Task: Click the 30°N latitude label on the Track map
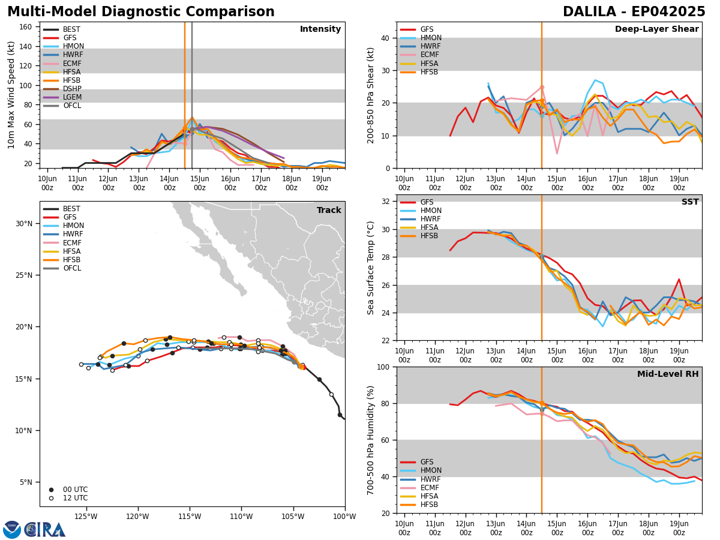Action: pos(24,224)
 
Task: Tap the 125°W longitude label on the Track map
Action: pos(86,517)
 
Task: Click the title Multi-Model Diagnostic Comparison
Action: pos(141,12)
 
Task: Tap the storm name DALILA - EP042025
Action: pos(634,12)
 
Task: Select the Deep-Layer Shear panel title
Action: pos(656,29)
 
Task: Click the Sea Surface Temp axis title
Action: pos(370,268)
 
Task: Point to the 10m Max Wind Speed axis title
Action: pos(11,95)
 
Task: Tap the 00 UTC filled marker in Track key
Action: pos(51,490)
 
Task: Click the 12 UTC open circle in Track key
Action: pos(51,499)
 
